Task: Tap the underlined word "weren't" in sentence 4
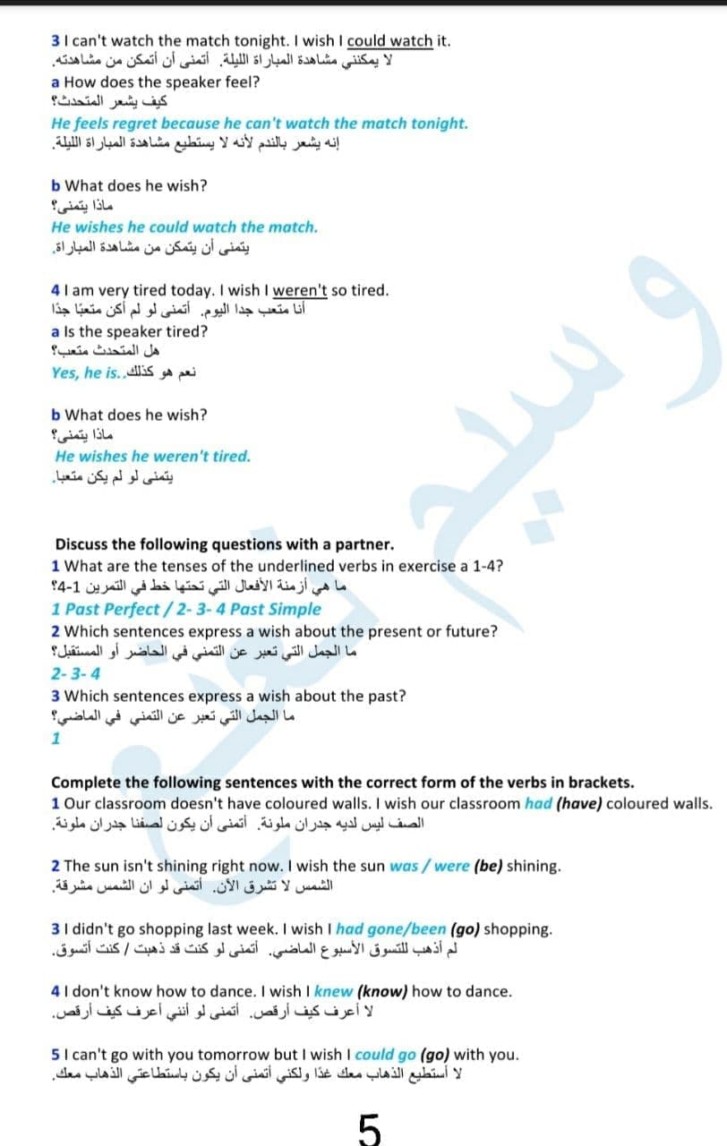click(300, 290)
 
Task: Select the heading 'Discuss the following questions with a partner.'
click(224, 544)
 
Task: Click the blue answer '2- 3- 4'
click(76, 674)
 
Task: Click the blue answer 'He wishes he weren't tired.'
click(152, 456)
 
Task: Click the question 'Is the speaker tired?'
click(137, 331)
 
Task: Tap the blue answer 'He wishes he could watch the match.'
click(184, 227)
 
